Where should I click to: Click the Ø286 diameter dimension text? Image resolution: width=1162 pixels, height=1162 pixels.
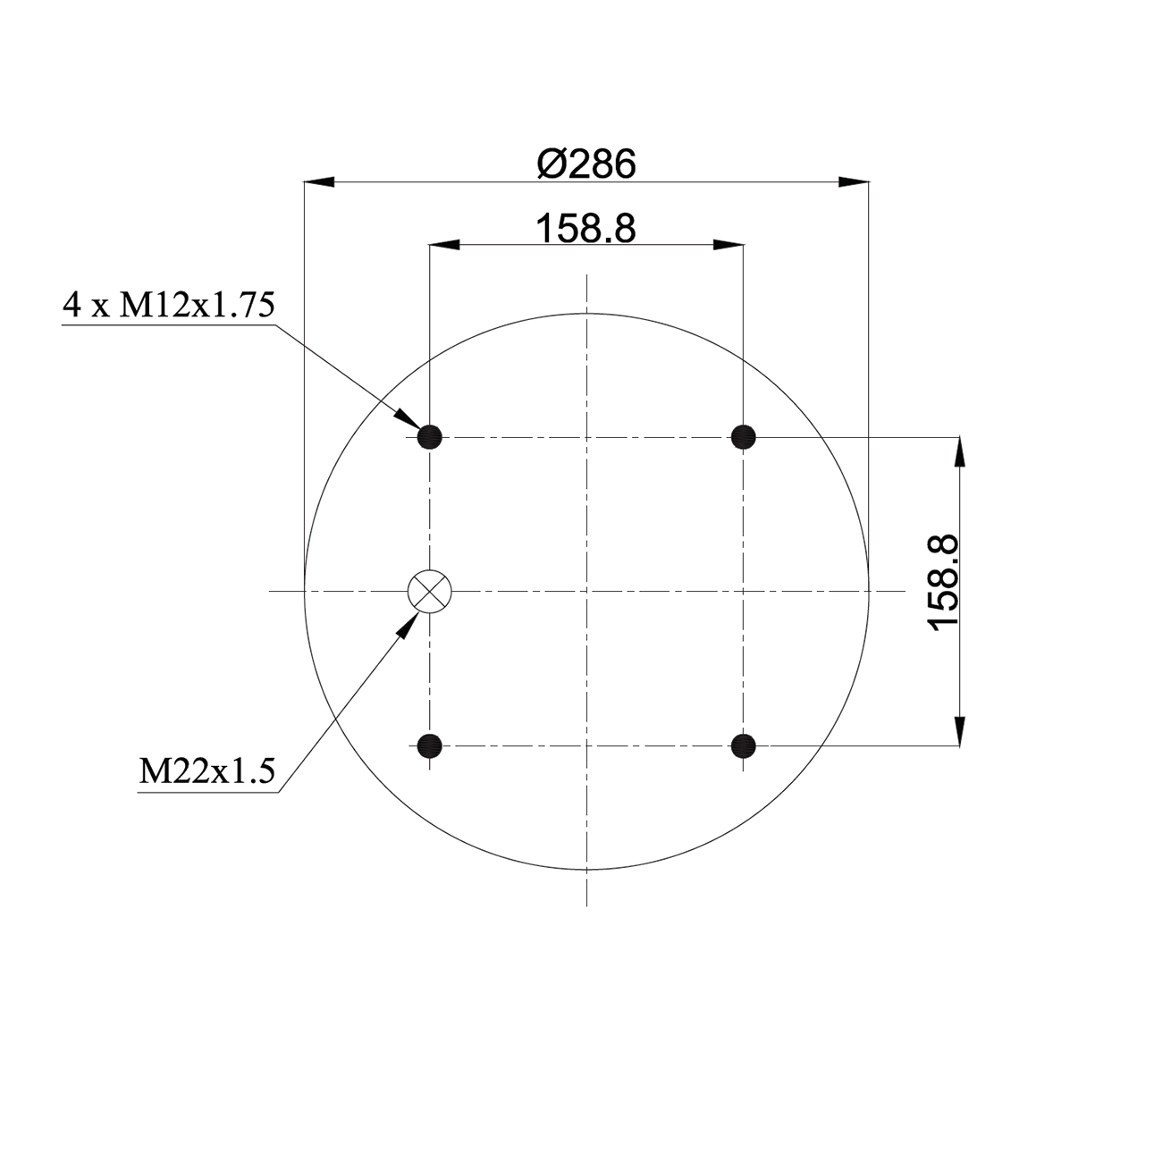click(x=586, y=164)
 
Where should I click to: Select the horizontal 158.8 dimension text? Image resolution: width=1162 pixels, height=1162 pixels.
click(x=586, y=229)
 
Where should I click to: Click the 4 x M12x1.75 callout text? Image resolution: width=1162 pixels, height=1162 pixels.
click(x=169, y=305)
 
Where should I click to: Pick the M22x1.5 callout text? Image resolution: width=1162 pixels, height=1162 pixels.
click(x=206, y=770)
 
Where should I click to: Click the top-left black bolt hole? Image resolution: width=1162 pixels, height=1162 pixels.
click(x=429, y=436)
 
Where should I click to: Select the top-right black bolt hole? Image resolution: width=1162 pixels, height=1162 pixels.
click(x=743, y=436)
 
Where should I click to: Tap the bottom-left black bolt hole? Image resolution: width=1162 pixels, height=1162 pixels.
click(x=429, y=746)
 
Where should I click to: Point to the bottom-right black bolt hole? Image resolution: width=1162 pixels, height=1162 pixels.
click(x=743, y=746)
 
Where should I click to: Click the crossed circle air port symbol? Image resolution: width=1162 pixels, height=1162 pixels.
click(x=429, y=591)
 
